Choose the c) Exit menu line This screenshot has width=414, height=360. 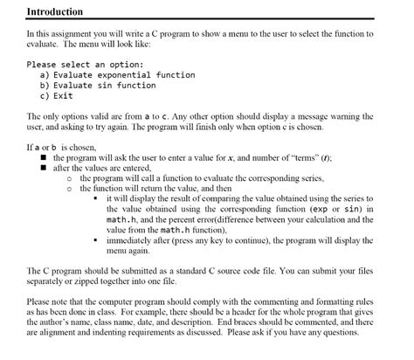pyautogui.click(x=58, y=96)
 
